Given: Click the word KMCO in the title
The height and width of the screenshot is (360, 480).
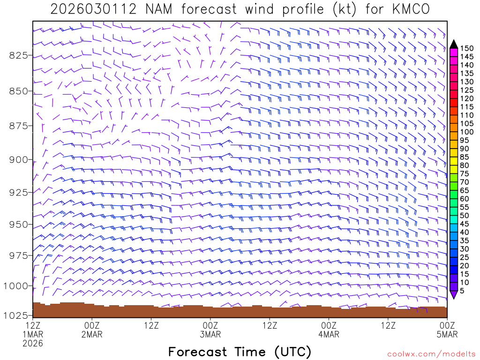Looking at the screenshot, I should [x=407, y=9].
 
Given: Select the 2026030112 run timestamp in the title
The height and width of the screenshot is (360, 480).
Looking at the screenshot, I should [x=89, y=9].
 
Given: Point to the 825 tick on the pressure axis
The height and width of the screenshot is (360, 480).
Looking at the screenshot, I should [x=19, y=55].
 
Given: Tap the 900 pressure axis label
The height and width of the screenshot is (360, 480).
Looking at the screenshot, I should [x=19, y=159].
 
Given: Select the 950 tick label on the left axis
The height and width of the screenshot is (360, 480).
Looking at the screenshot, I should [x=19, y=224].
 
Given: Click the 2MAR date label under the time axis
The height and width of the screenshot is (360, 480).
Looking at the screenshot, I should [x=92, y=334].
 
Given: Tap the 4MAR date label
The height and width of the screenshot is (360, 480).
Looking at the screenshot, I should [x=329, y=334].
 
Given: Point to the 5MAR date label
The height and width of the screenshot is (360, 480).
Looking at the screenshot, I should [x=447, y=334].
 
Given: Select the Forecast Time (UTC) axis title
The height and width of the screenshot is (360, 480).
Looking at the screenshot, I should [x=240, y=352].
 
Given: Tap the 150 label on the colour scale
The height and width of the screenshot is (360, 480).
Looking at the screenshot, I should [x=467, y=48].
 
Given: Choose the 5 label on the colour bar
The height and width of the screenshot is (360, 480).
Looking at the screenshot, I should [x=462, y=291].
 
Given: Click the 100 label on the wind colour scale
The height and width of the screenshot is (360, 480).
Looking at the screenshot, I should [x=467, y=132].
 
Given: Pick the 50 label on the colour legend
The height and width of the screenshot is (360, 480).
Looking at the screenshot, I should [x=465, y=215].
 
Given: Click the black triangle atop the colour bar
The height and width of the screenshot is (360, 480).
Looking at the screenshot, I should [x=454, y=44].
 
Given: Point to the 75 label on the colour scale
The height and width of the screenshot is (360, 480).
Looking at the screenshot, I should [x=465, y=173].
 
